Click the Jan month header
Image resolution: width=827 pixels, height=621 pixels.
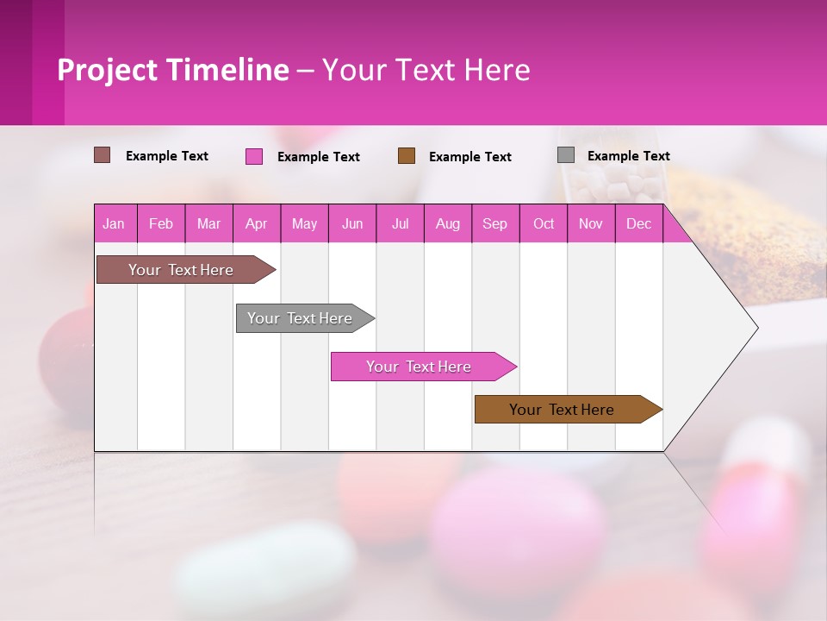[x=115, y=223]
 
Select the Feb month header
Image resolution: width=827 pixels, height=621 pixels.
[x=161, y=223]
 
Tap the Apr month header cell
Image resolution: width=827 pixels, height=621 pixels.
[x=257, y=223]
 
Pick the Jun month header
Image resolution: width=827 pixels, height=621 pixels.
[x=352, y=223]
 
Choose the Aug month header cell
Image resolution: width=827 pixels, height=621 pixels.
[x=448, y=223]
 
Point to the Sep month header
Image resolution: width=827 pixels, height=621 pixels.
[x=495, y=223]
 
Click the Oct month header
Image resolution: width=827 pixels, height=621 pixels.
[x=544, y=223]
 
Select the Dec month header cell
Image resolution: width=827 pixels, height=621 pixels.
[x=639, y=223]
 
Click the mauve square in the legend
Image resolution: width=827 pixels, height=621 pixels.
[x=103, y=155]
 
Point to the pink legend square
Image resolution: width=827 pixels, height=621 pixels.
[x=254, y=156]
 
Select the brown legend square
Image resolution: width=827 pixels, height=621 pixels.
[x=407, y=156]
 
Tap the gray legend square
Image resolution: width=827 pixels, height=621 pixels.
[x=566, y=155]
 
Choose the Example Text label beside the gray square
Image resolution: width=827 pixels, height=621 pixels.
[x=628, y=156]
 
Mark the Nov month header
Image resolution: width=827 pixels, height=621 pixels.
[x=591, y=223]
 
